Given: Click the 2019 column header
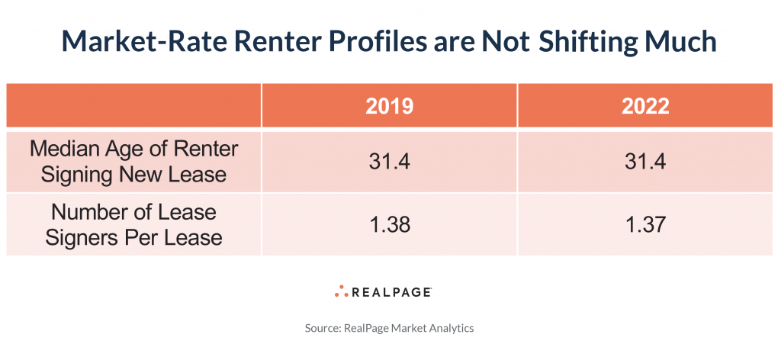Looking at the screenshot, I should (389, 106).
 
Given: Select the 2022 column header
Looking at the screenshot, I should (645, 106).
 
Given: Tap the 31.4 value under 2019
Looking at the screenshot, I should (389, 161).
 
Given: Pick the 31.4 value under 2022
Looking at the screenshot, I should (645, 161).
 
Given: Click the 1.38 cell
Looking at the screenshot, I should (389, 223).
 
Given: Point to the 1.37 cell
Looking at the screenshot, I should (645, 223).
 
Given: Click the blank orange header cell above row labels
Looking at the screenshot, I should (133, 106).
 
